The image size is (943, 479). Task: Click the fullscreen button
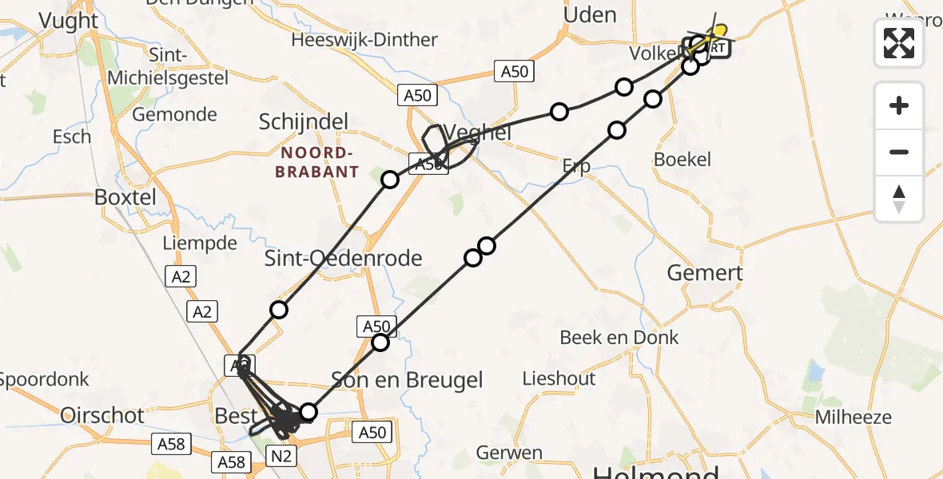tap(899, 43)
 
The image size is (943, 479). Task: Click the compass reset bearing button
tap(899, 199)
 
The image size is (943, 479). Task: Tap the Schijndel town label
tap(304, 122)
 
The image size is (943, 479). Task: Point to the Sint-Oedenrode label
tap(344, 258)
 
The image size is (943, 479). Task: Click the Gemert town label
tap(705, 273)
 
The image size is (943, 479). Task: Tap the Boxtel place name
tap(125, 196)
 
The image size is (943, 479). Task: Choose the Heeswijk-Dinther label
tap(364, 40)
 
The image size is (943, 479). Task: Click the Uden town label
tap(590, 15)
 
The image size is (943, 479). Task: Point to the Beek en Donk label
tap(619, 338)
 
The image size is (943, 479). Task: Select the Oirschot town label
tap(102, 415)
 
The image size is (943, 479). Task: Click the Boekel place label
tap(682, 160)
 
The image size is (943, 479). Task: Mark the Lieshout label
tap(559, 378)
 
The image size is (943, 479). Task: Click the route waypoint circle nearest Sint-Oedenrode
tap(278, 310)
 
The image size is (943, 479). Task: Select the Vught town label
tap(69, 22)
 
